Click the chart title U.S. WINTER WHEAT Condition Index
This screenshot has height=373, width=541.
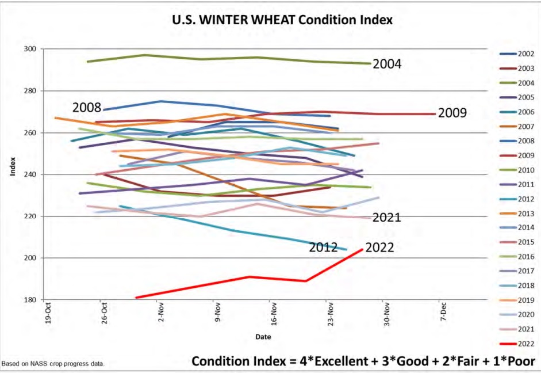point(282,20)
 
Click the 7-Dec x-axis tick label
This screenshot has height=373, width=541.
point(442,311)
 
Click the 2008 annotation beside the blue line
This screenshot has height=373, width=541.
point(87,108)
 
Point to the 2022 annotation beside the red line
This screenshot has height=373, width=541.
point(379,248)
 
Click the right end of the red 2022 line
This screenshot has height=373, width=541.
point(362,249)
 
